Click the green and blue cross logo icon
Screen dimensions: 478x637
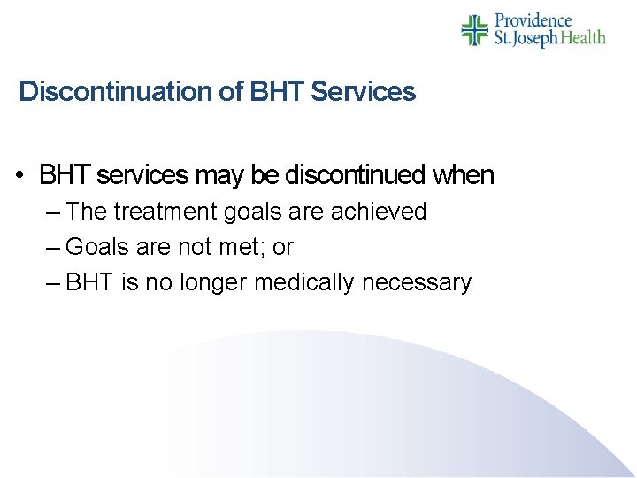coord(475,30)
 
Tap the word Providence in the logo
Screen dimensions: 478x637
coord(533,20)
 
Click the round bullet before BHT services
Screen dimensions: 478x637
coord(19,176)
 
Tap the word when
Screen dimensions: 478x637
coord(463,176)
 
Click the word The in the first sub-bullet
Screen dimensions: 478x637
coord(86,212)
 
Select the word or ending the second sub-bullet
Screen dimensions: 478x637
coord(282,248)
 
